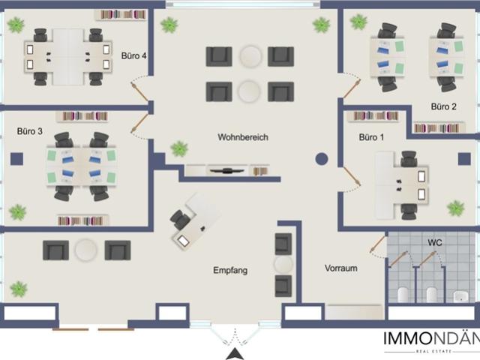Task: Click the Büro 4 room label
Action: pos(133,55)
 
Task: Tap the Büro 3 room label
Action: pos(30,131)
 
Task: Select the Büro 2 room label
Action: pos(443,106)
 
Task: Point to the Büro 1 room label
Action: pos(371,137)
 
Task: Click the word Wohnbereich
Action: pos(243,137)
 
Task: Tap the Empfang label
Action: pos(230,270)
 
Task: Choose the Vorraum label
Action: pos(340,268)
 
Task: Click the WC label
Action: pos(435,242)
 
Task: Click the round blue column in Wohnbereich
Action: pos(322,159)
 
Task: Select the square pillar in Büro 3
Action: pos(16,159)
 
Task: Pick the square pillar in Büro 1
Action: pos(464,159)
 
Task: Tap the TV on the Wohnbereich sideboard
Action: pos(226,170)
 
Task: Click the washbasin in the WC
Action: pos(460,296)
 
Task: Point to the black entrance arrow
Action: pos(235,354)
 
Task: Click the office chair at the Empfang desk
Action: pos(180,219)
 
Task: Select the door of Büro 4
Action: pos(140,91)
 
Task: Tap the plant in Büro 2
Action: pos(358,22)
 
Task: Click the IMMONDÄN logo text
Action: pos(432,338)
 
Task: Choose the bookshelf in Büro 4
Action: pos(121,15)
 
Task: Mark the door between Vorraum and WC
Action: pos(377,244)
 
